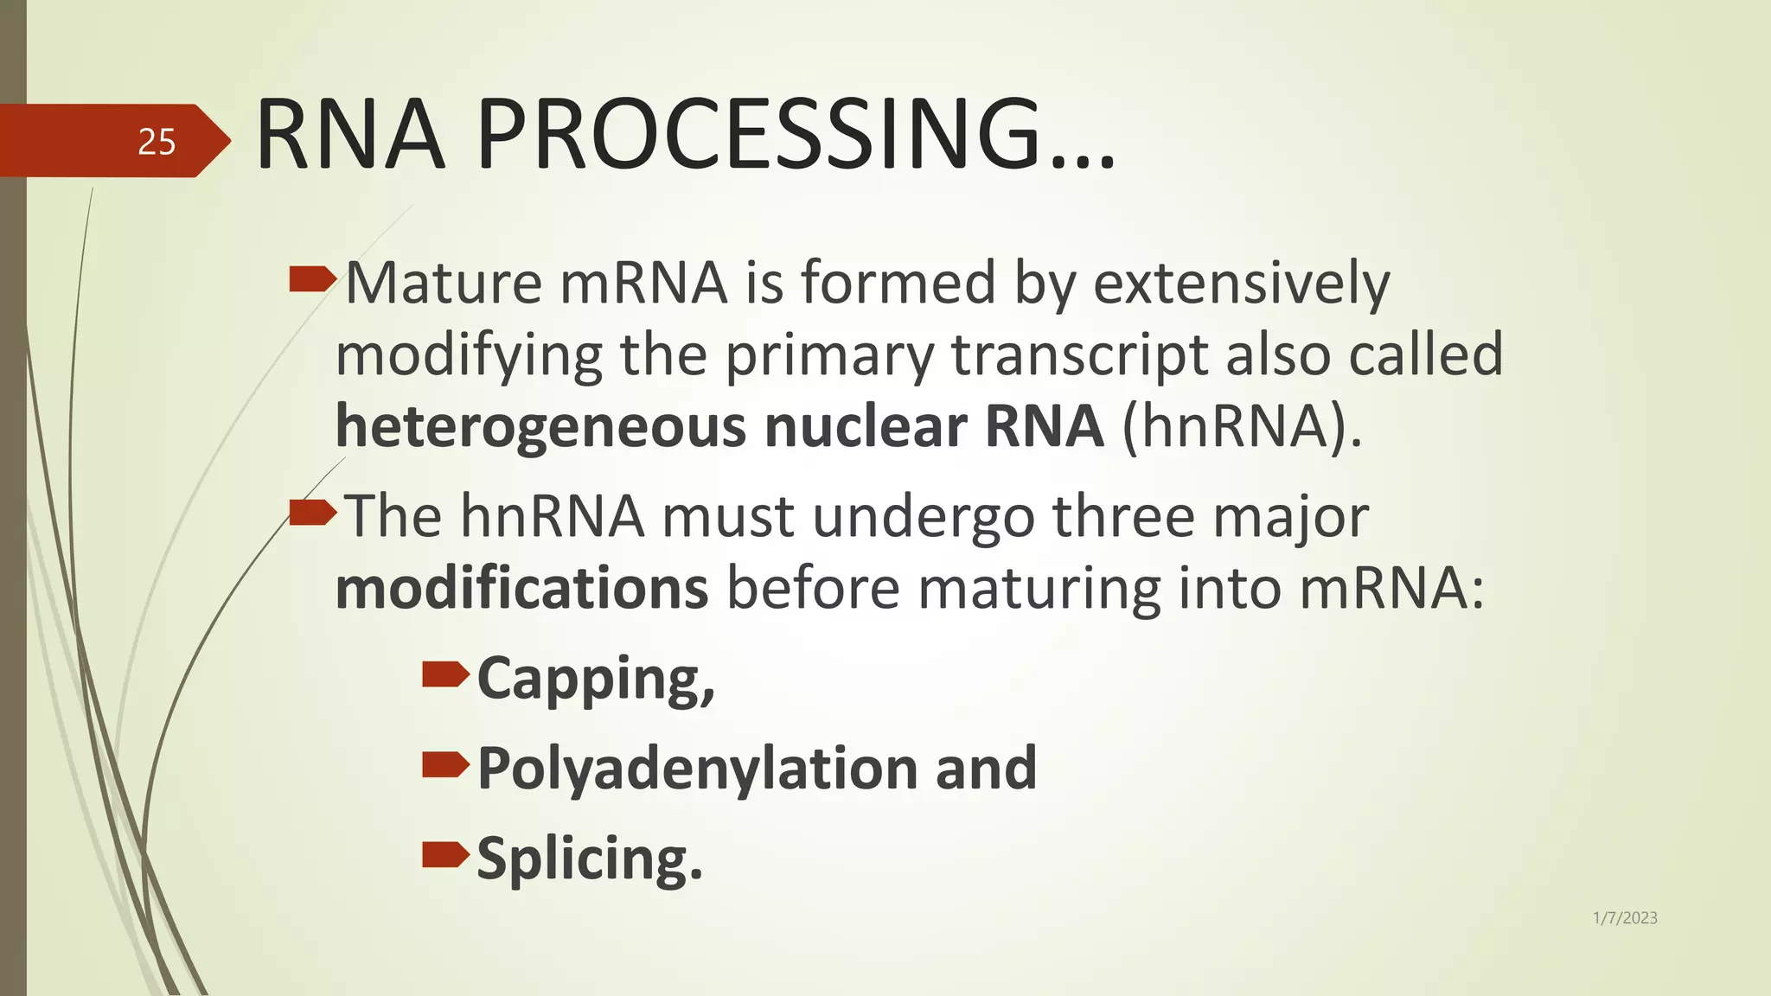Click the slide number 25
[x=157, y=142]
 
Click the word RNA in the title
[x=350, y=135]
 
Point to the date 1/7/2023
[x=1625, y=918]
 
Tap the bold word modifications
[x=521, y=588]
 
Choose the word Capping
[x=595, y=679]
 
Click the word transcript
[x=1079, y=354]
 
